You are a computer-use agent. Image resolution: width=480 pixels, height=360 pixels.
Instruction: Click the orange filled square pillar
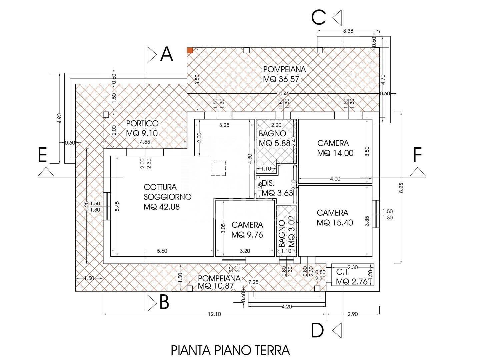pyautogui.click(x=190, y=50)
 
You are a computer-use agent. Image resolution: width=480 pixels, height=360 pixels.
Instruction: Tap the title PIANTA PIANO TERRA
pyautogui.click(x=230, y=350)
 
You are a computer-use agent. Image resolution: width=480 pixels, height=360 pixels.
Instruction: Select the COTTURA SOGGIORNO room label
pyautogui.click(x=167, y=197)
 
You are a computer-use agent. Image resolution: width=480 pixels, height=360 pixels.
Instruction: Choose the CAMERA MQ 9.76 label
pyautogui.click(x=247, y=230)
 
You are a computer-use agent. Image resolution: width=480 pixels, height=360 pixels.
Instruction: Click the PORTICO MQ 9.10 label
pyautogui.click(x=142, y=128)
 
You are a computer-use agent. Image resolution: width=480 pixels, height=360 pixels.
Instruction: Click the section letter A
pyautogui.click(x=167, y=54)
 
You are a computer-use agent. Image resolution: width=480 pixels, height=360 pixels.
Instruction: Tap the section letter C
pyautogui.click(x=319, y=17)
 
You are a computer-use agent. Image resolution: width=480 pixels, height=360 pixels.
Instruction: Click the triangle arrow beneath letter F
pyautogui.click(x=418, y=172)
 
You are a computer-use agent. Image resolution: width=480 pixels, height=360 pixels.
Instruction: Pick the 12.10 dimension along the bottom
pyautogui.click(x=215, y=314)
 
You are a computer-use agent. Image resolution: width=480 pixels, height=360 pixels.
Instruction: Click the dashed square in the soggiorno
pyautogui.click(x=218, y=168)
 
